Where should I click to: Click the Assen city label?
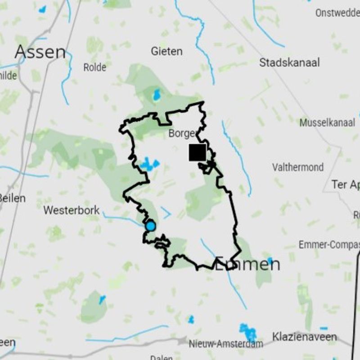(40, 52)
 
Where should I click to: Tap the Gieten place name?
(166, 51)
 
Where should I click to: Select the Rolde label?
(94, 67)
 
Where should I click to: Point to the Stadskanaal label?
(289, 63)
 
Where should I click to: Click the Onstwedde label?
(337, 13)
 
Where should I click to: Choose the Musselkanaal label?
(327, 122)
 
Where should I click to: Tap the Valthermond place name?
(298, 167)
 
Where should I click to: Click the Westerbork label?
(72, 210)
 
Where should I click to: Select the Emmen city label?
(247, 264)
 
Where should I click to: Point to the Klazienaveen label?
(304, 337)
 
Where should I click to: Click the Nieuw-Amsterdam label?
(226, 344)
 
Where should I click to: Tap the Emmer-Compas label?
(329, 245)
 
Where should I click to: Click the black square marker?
(197, 152)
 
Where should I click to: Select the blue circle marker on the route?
(150, 226)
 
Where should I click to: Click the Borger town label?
(182, 134)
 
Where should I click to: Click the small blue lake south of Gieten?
(157, 94)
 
